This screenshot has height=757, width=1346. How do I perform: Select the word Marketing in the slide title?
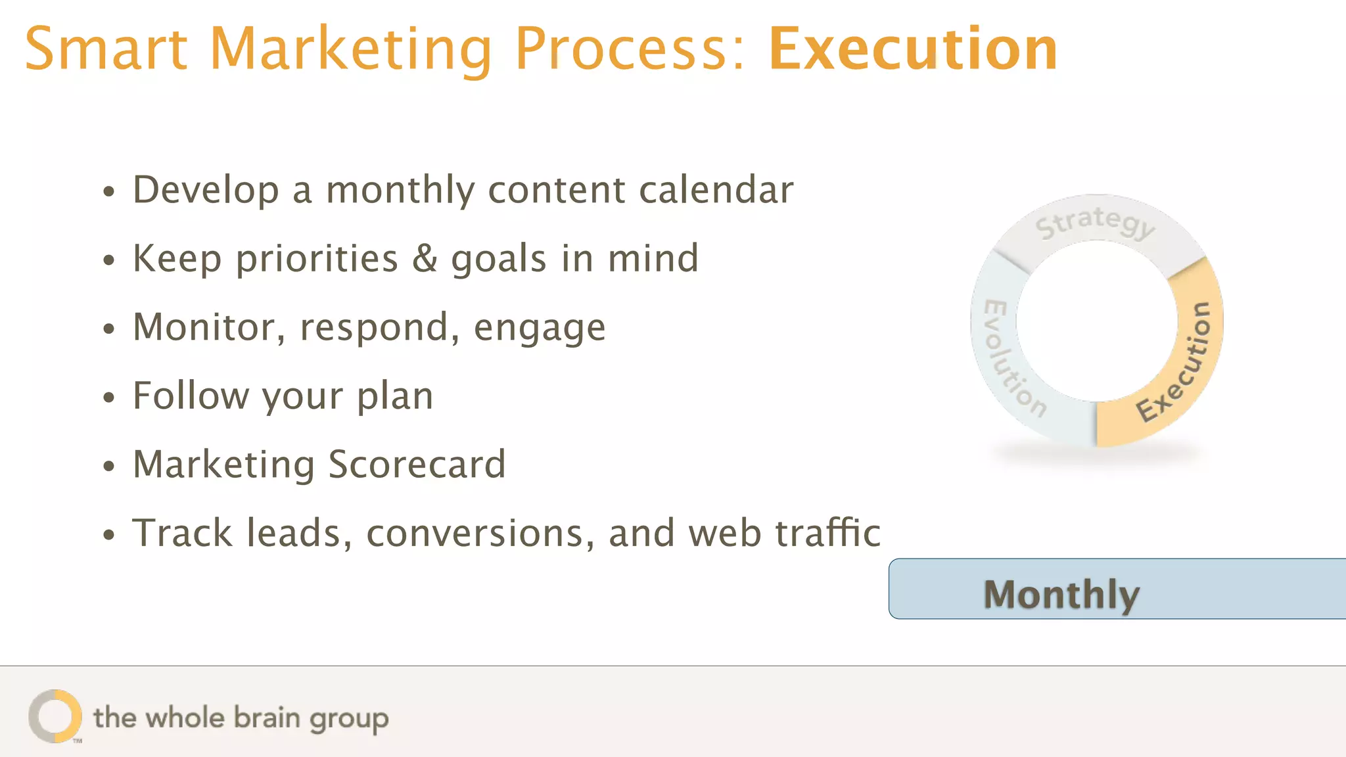click(350, 51)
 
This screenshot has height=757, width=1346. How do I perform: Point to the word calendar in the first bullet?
click(716, 190)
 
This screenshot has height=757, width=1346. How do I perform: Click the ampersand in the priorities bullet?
click(425, 258)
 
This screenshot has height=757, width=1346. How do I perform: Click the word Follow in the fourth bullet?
click(191, 396)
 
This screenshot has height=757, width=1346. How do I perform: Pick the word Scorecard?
click(417, 465)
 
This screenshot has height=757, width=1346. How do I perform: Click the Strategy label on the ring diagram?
click(1094, 222)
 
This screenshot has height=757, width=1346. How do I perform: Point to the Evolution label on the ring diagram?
click(1012, 359)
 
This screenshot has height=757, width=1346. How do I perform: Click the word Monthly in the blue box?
click(1061, 594)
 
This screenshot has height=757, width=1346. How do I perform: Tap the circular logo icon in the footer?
click(55, 716)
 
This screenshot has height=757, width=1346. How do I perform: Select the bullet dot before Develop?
click(109, 192)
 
